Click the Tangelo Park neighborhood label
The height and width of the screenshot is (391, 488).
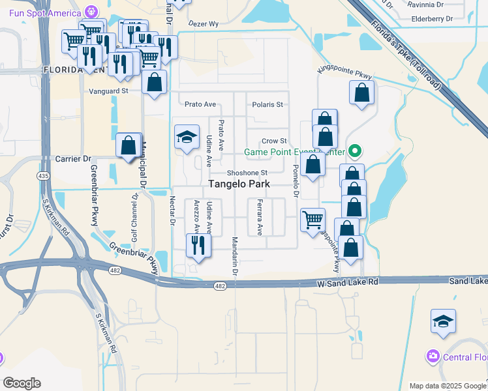tap(239, 184)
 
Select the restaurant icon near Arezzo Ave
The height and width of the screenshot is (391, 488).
tap(198, 246)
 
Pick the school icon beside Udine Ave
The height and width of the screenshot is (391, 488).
tap(187, 137)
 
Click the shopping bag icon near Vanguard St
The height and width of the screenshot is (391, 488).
tap(154, 82)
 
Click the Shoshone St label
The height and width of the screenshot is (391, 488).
tap(247, 173)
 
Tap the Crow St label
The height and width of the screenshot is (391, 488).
tap(274, 141)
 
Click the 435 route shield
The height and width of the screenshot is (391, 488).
tap(43, 176)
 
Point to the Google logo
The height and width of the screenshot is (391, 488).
tap(22, 383)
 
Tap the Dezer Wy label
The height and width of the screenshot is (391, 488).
tap(204, 24)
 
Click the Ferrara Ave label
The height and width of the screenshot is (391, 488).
tap(260, 217)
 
